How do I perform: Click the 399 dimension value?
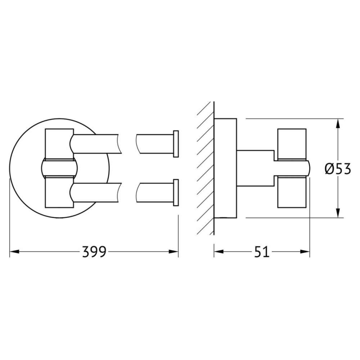[94, 252]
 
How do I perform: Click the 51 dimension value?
[262, 252]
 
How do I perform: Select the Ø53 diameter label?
[338, 169]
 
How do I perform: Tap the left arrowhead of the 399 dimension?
[14, 252]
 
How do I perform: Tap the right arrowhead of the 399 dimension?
[174, 252]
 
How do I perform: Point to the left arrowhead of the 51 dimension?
[219, 252]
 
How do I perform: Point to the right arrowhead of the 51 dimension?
[305, 252]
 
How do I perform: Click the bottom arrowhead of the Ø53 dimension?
[338, 213]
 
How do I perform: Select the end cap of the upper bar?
[176, 144]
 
